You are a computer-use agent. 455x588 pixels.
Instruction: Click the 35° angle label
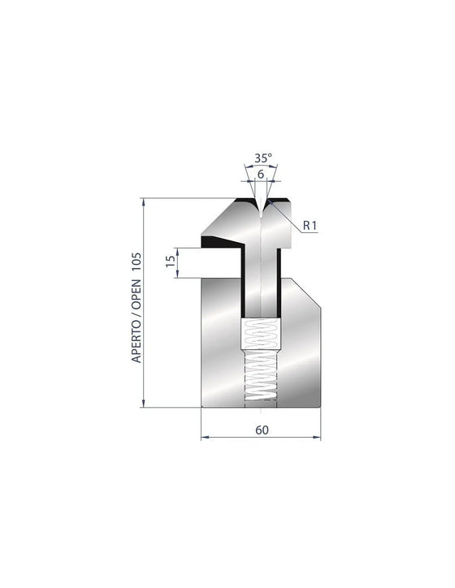coord(263,158)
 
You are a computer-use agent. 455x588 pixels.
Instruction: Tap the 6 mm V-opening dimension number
coord(261,175)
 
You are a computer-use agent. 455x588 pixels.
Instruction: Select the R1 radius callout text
coord(310,226)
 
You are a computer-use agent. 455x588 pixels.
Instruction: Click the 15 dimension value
coord(171,261)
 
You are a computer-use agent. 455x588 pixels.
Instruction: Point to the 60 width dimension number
coord(262,430)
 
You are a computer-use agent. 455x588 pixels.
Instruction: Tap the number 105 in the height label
coord(136,262)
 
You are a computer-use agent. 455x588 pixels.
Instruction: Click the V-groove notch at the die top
coord(261,208)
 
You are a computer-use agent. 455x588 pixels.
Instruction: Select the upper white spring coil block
coord(260,334)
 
